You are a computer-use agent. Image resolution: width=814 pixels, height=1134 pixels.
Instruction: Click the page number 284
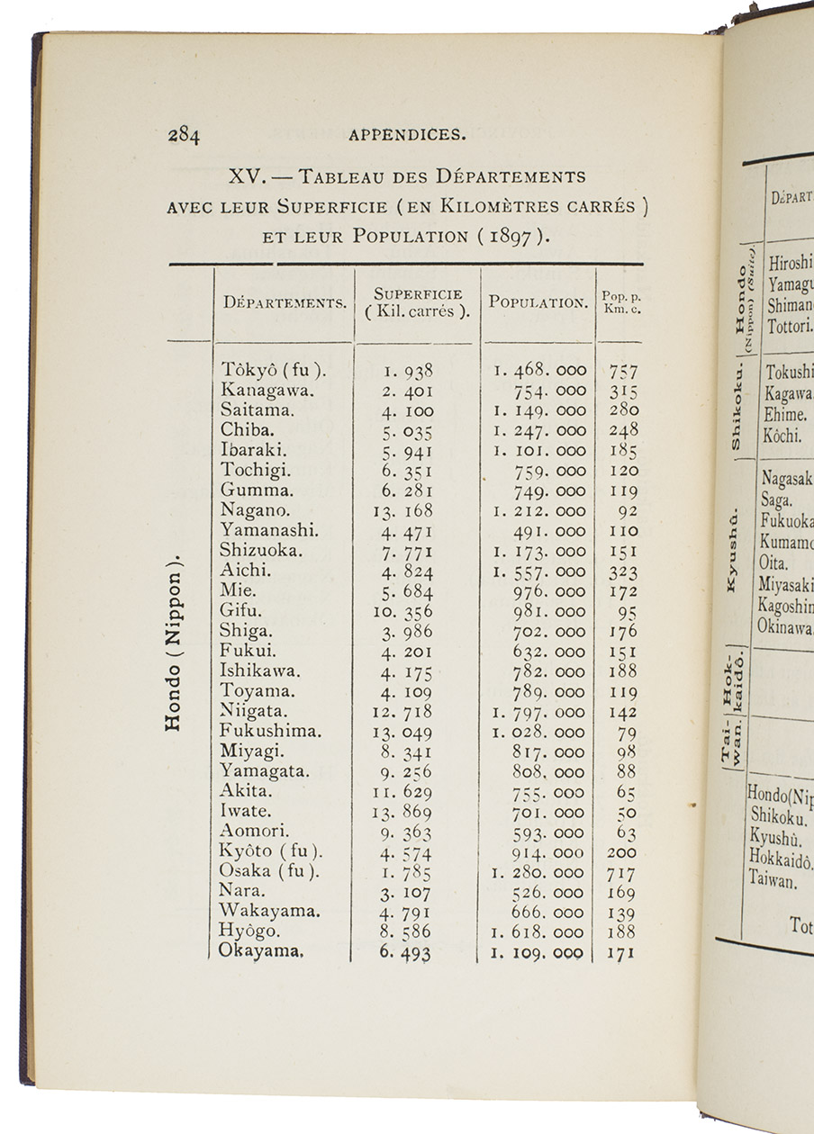(184, 136)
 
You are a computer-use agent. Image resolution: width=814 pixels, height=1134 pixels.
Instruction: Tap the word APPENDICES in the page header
(407, 136)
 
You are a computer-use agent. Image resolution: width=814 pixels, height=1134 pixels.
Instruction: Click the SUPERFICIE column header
(418, 303)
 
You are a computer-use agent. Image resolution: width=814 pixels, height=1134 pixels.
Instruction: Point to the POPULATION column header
(538, 302)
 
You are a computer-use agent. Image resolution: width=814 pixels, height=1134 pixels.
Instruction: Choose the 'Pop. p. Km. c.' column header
(621, 302)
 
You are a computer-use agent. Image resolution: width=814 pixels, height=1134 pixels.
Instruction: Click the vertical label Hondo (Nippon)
(176, 640)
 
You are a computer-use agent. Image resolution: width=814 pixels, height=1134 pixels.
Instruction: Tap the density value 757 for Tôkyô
(622, 371)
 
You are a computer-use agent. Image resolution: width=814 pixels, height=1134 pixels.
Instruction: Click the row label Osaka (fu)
(271, 872)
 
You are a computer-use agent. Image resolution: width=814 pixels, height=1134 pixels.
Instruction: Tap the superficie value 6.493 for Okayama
(405, 953)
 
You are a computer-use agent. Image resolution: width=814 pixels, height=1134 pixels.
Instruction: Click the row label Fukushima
(270, 732)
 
